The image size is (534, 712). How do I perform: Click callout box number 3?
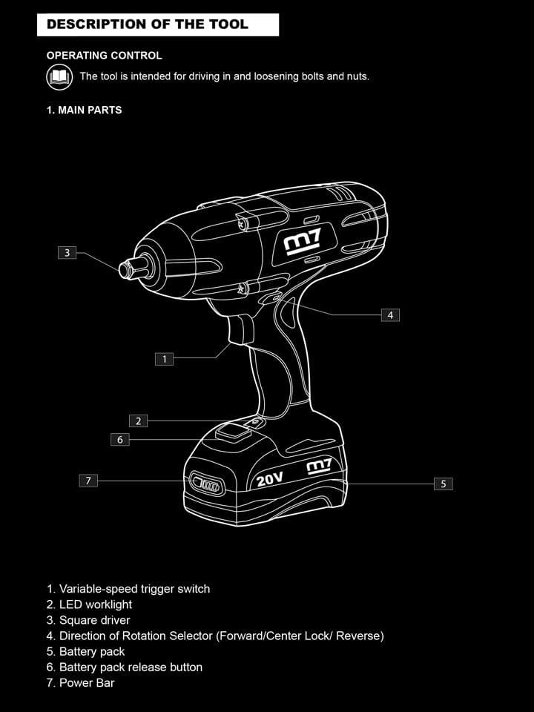coord(67,252)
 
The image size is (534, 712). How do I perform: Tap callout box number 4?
coord(390,314)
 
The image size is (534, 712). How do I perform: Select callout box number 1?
coord(164,359)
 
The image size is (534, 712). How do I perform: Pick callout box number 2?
coord(138,421)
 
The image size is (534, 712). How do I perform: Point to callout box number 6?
coord(120,440)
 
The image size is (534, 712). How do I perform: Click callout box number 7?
coord(88,481)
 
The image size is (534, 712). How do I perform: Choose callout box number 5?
coord(444,484)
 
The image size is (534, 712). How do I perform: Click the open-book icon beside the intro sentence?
coord(59,76)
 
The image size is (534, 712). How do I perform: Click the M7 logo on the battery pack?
coord(319,467)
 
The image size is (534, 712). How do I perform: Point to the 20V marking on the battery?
coord(269,479)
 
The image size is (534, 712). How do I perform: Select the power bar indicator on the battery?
coord(207,484)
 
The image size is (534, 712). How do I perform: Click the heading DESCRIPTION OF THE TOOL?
coord(148,24)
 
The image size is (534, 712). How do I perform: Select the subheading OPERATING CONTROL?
coord(104,56)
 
